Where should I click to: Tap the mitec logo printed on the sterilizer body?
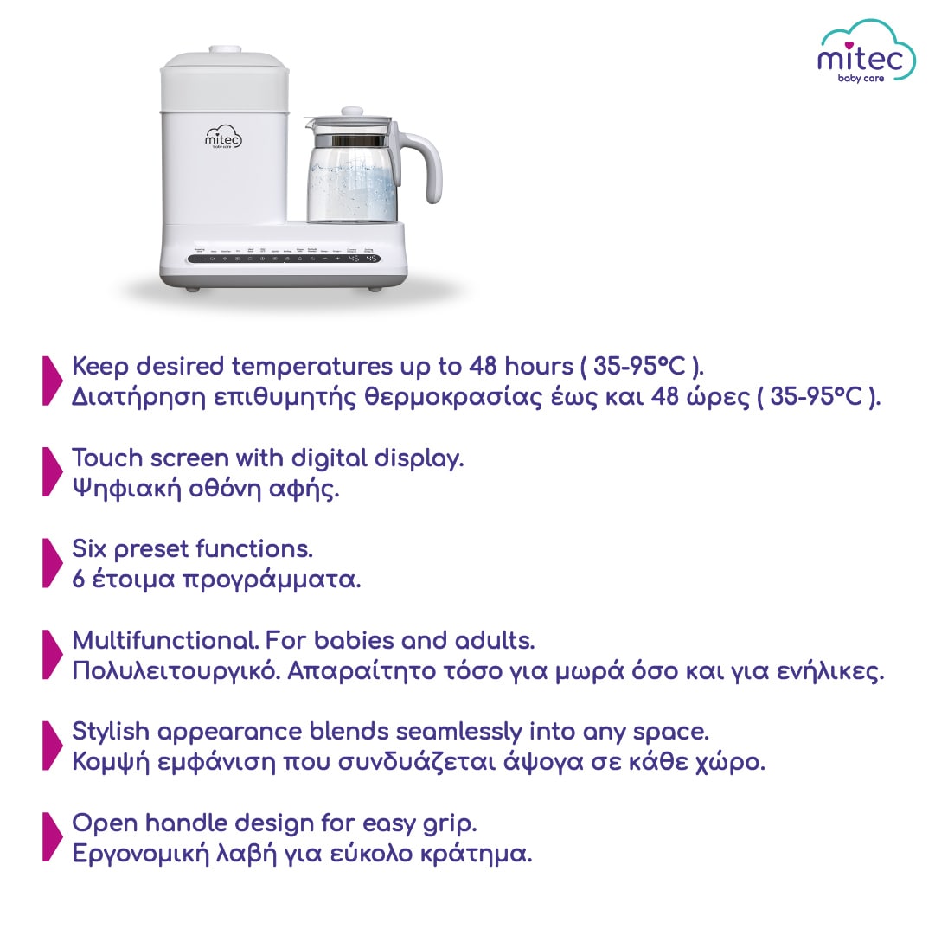point(223,139)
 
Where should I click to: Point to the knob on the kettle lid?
point(351,112)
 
